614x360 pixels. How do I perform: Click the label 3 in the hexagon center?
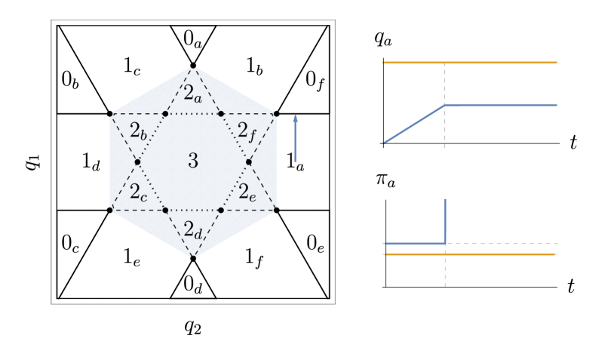193,161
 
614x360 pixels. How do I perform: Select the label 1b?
254,66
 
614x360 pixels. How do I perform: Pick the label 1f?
254,257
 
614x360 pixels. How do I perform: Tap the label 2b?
138,130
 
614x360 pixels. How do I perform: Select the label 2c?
138,192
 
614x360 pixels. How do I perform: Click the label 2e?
248,192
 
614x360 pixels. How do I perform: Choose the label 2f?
248,130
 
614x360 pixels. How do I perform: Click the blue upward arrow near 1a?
296,139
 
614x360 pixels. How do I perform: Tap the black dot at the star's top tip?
193,66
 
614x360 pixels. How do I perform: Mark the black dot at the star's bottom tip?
193,259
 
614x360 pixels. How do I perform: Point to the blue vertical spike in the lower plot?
445,220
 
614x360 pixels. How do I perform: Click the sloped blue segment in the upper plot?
414,124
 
